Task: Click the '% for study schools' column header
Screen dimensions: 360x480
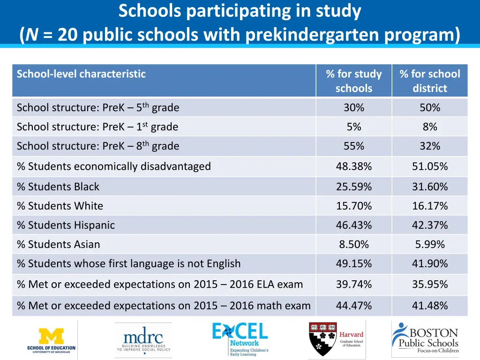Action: (x=354, y=81)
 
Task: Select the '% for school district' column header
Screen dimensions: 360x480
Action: (x=430, y=81)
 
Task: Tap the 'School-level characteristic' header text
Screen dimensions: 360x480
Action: (x=81, y=74)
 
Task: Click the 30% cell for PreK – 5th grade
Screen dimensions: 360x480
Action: (x=354, y=107)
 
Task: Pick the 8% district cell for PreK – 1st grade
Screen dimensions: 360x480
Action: (x=430, y=127)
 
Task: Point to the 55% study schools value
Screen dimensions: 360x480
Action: (x=354, y=146)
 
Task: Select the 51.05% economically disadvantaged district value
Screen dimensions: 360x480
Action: (x=430, y=166)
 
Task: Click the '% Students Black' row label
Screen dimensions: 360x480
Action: (x=58, y=187)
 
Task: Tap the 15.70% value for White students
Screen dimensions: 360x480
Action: (x=354, y=206)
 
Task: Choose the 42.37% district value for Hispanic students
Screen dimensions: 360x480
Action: (x=430, y=225)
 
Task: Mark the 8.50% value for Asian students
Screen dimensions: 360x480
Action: (x=354, y=244)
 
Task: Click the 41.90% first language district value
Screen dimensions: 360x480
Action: (x=430, y=263)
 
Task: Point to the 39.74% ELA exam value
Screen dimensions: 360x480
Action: (x=354, y=284)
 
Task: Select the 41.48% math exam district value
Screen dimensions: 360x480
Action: (x=430, y=306)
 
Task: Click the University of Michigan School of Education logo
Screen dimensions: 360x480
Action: (x=51, y=340)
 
